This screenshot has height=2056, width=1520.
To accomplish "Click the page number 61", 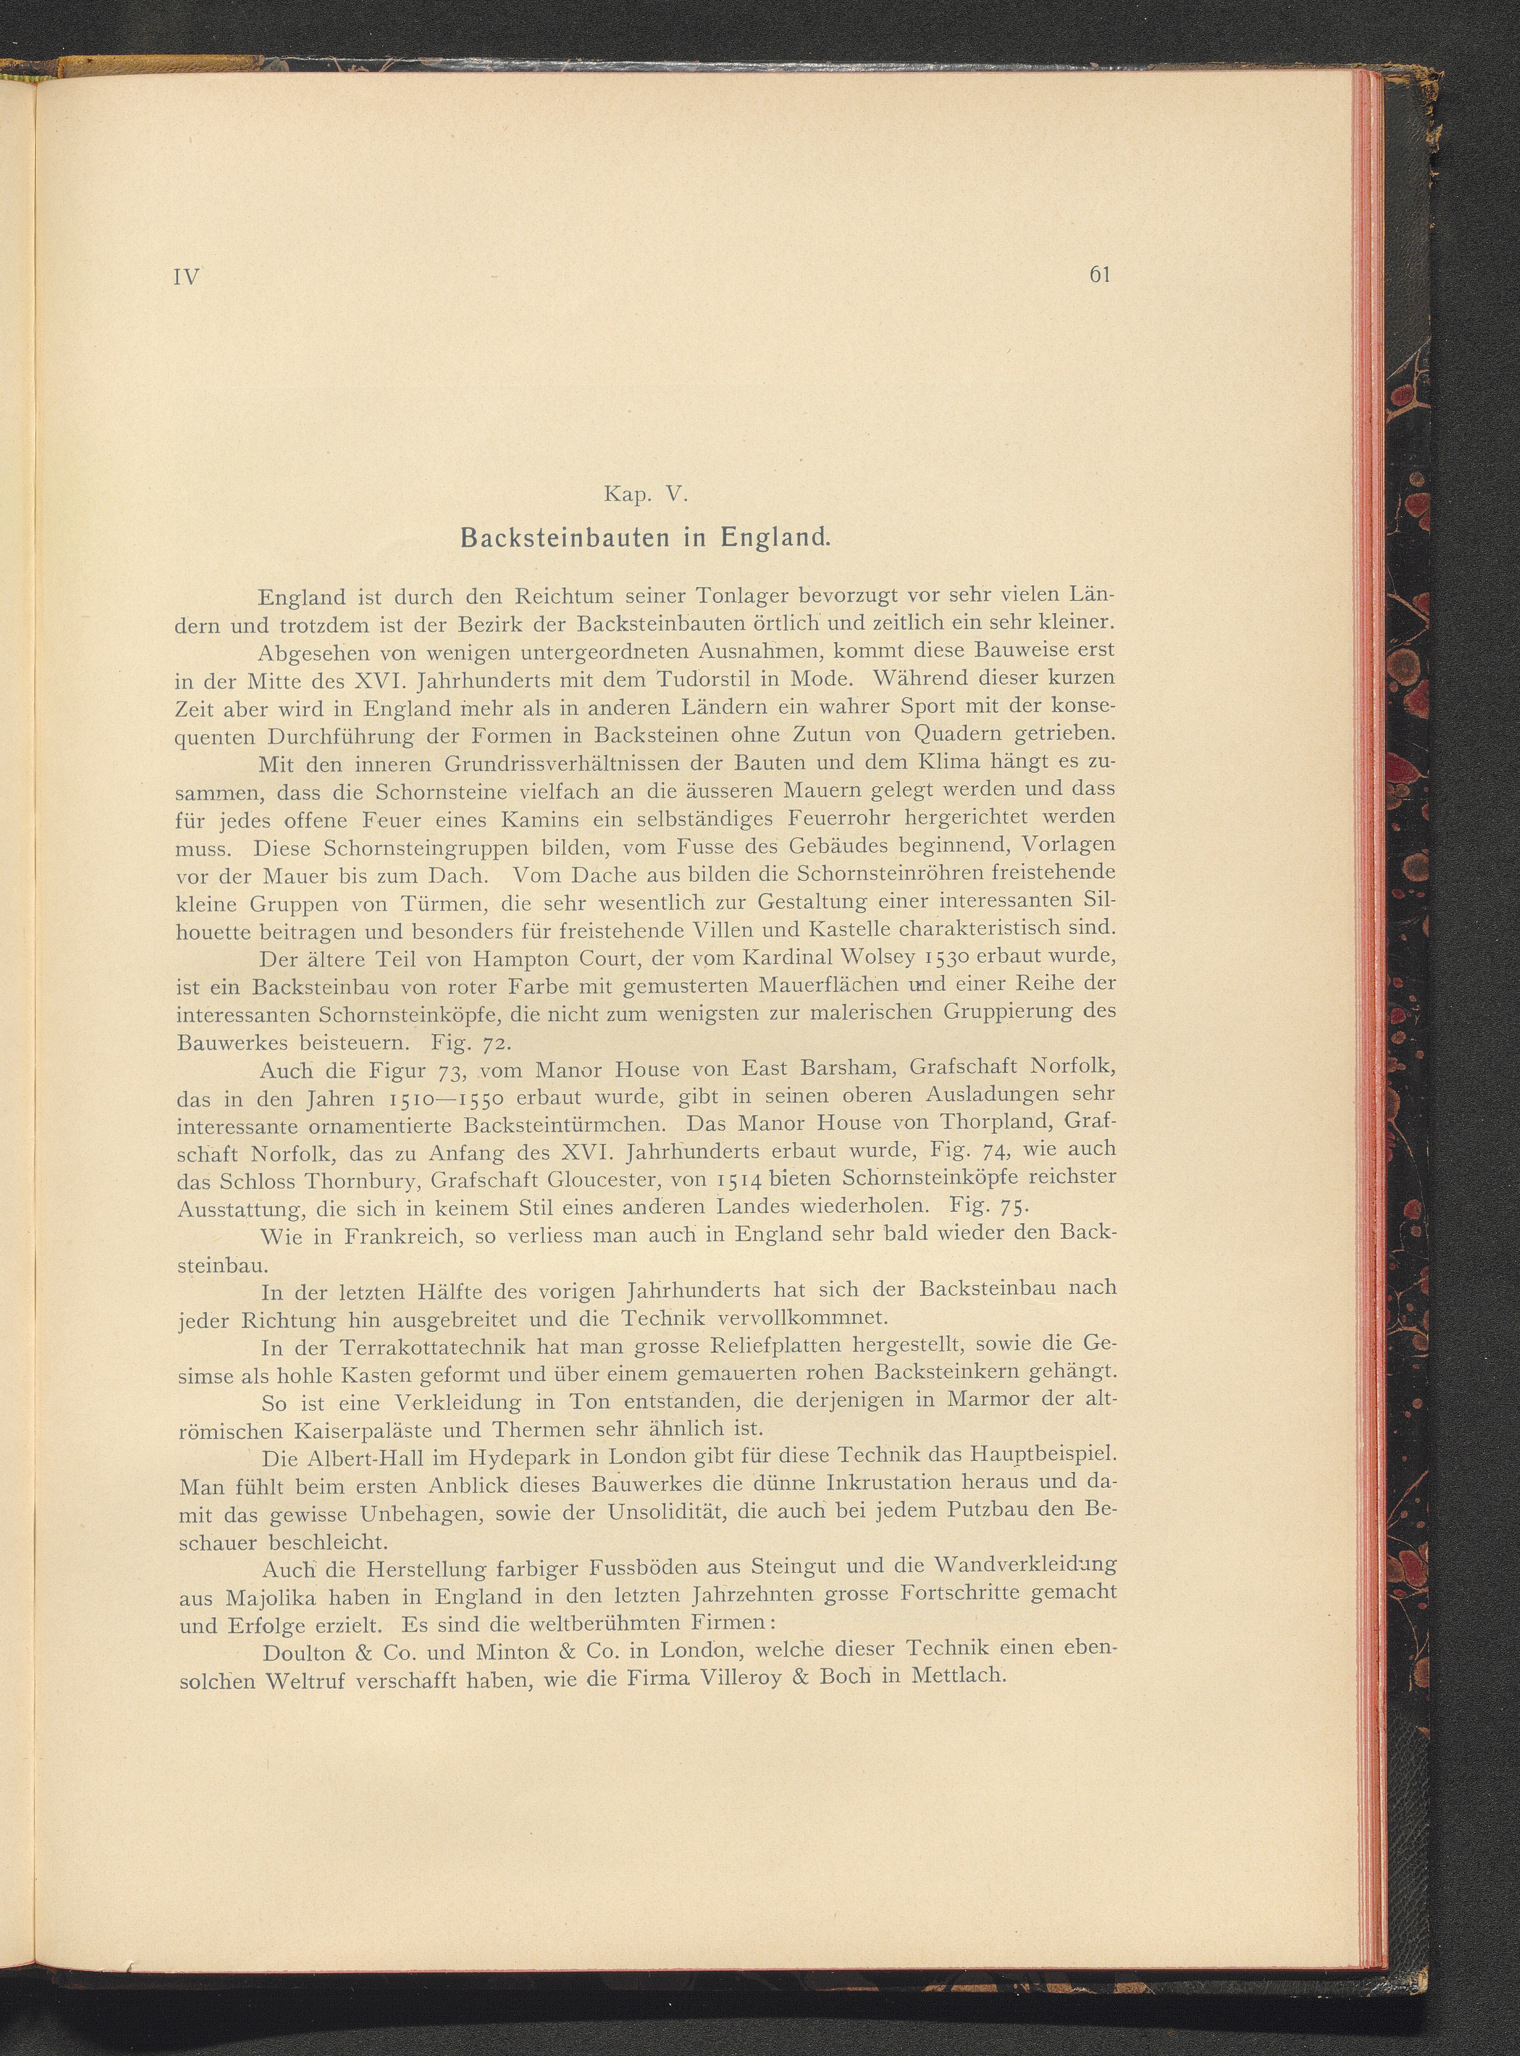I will (1100, 275).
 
